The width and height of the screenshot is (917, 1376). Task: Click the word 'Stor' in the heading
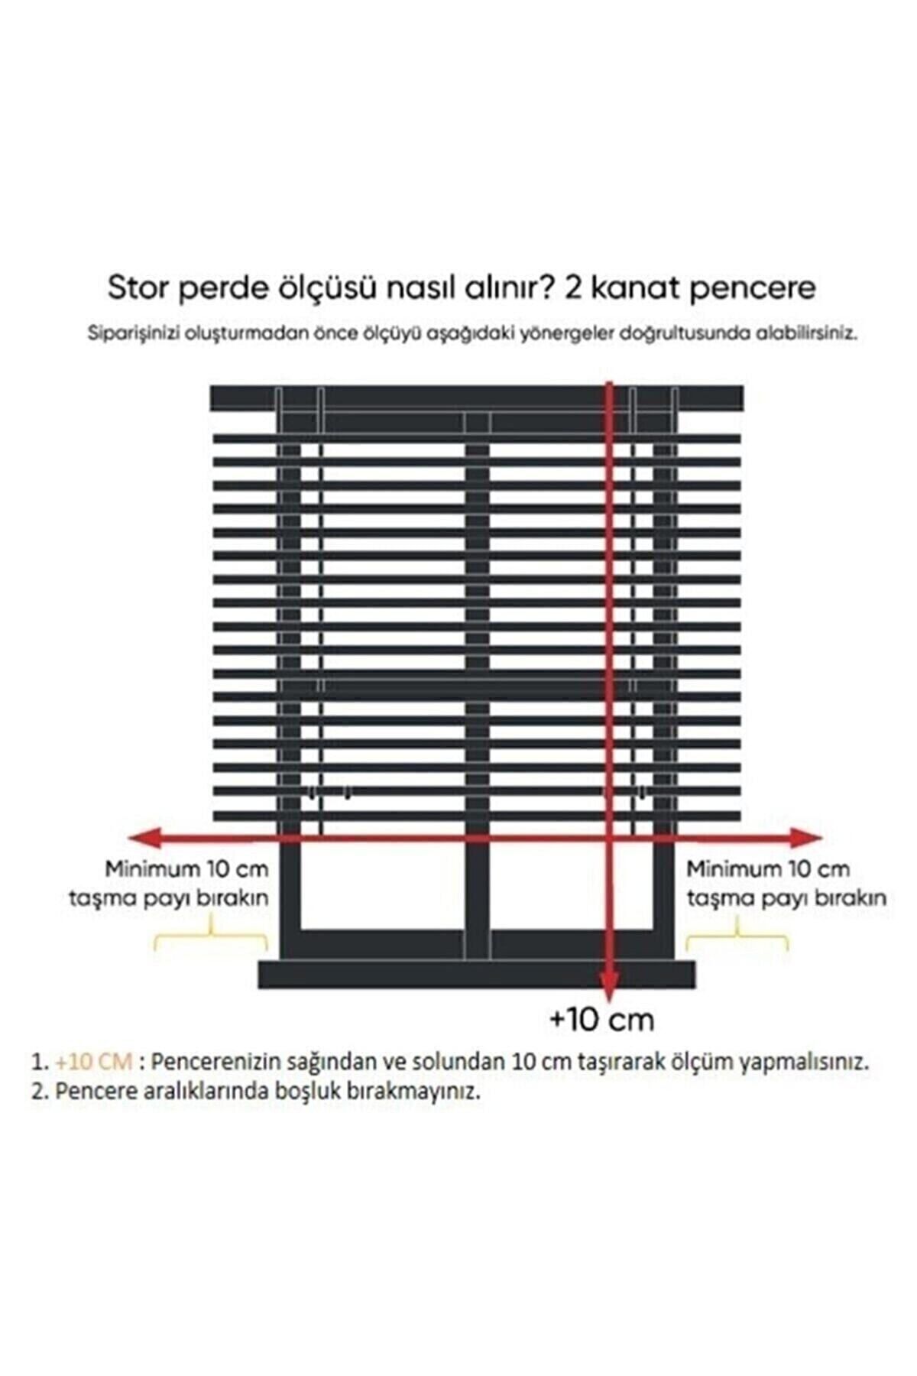[x=139, y=289]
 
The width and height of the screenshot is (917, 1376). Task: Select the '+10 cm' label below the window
[x=601, y=1019]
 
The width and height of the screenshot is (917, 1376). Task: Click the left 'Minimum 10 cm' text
[x=186, y=869]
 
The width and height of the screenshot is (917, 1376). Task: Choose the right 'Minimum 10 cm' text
[x=767, y=869]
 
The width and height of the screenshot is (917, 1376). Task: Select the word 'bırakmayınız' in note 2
[x=417, y=1092]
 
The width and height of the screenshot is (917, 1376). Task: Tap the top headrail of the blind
[x=475, y=397]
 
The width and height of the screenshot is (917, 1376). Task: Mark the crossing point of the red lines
[x=609, y=839]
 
